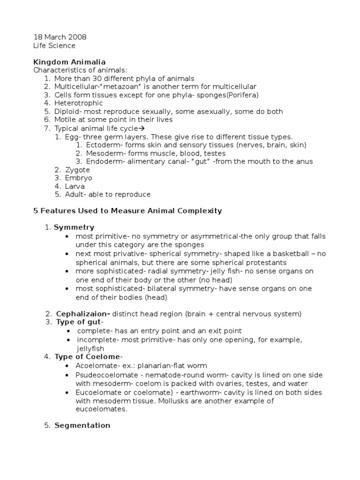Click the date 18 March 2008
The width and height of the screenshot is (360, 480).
point(60,37)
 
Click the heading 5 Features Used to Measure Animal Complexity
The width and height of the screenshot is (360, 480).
point(127,211)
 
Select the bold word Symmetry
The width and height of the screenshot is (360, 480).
point(74,227)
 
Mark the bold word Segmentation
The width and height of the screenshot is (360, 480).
point(82,426)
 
